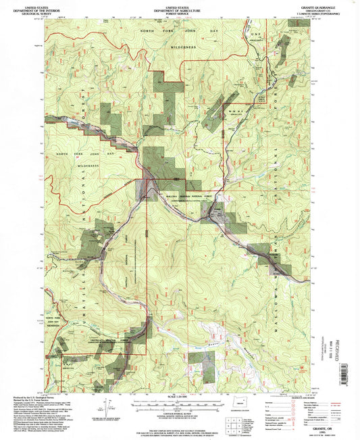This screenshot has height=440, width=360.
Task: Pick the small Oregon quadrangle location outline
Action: tap(236, 409)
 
